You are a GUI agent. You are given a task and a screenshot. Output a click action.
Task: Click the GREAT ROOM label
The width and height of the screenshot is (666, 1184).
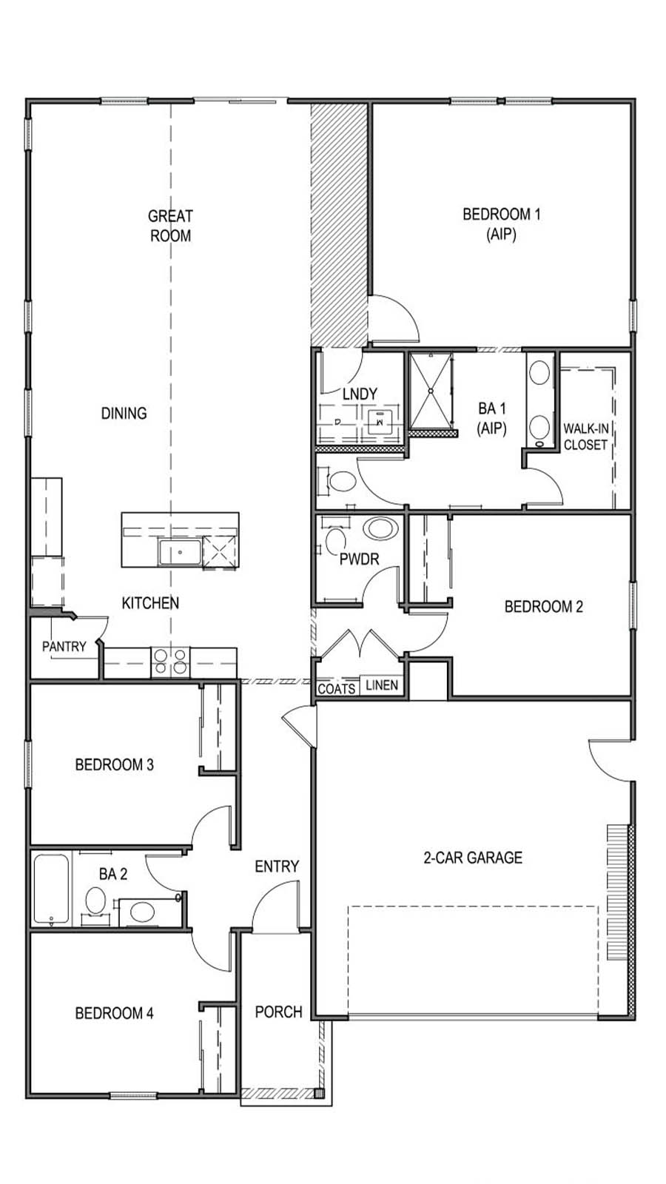coord(170,226)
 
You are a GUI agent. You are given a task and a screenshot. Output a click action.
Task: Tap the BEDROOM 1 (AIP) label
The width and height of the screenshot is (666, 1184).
coord(501,223)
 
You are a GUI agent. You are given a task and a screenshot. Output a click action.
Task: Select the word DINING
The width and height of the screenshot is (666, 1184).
coord(124,413)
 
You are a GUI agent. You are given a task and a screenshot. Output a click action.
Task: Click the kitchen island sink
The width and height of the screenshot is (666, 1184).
coord(180,552)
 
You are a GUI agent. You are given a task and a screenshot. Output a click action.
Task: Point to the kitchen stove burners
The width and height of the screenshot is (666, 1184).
coord(170,661)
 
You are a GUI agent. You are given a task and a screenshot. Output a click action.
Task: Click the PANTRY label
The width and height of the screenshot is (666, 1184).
coord(64,646)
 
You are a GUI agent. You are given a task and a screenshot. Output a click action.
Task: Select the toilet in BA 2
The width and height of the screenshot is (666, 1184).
coord(95,901)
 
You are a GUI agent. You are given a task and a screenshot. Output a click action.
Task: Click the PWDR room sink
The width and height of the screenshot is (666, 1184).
coord(382,529)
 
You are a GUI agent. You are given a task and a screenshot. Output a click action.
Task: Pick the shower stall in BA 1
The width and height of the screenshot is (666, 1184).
coord(429,391)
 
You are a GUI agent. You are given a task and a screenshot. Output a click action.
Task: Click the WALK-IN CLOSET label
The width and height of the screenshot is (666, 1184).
coord(585,437)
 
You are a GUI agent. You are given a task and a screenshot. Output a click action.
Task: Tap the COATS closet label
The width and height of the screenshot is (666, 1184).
coord(337,688)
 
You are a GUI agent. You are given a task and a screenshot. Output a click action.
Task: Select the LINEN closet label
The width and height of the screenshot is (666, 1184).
coord(382,685)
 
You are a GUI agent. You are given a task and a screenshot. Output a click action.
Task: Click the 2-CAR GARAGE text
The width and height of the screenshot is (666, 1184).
coord(473,858)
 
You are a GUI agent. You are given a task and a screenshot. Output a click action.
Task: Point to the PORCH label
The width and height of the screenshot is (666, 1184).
coord(278,1012)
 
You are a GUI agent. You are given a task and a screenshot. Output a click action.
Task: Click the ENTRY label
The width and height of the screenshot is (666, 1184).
coord(277,866)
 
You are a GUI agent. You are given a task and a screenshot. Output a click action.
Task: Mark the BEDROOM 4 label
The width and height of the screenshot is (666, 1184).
coord(115,1013)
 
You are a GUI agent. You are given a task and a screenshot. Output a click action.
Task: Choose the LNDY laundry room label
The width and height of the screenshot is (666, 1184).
coord(360,394)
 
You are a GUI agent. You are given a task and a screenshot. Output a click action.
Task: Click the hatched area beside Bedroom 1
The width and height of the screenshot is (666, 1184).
coord(339,222)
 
